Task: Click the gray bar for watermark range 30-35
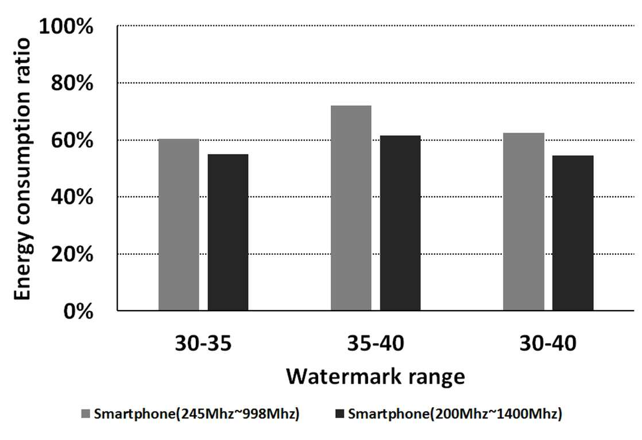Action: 179,225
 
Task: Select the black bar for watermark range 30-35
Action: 228,232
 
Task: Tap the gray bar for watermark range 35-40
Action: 351,208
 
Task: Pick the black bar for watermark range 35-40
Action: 400,223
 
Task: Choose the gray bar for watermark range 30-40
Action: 524,221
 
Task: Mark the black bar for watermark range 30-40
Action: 573,233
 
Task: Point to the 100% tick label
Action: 66,26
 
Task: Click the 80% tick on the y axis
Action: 72,83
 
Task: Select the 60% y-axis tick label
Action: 72,141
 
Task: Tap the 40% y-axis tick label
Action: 72,197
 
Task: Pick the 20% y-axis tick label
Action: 72,254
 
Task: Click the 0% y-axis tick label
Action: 78,311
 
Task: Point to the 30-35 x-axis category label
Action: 203,343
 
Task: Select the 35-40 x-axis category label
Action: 376,343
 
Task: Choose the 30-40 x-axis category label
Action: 548,343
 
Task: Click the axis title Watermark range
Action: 376,376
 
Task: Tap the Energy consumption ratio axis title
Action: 22,169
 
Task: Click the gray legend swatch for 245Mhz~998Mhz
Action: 86,414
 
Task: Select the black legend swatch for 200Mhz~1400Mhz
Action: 340,414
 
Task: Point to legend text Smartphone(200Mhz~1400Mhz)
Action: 455,414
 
